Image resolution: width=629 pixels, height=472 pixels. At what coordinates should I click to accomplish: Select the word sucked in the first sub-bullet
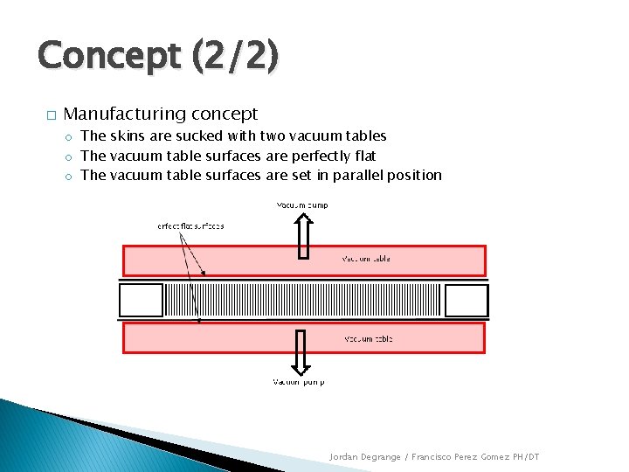(200, 135)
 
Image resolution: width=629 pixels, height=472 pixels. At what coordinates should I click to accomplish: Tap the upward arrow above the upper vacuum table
(303, 236)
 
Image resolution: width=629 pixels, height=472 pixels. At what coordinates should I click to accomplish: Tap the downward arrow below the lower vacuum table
(300, 351)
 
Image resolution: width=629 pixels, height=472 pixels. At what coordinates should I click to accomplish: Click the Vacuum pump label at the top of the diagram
(302, 205)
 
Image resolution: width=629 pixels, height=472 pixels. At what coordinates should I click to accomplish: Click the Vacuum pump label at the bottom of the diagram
(299, 382)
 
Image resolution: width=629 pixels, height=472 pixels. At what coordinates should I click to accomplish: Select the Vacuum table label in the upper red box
(366, 259)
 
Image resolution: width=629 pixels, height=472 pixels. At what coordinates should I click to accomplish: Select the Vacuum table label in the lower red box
(369, 338)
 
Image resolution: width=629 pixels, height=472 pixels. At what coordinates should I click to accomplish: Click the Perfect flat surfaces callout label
(190, 226)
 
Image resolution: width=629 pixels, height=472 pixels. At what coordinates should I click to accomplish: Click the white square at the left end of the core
(141, 300)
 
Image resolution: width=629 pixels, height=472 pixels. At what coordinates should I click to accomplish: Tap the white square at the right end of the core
(466, 300)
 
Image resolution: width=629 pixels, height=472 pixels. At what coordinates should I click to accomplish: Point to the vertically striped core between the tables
(303, 300)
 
